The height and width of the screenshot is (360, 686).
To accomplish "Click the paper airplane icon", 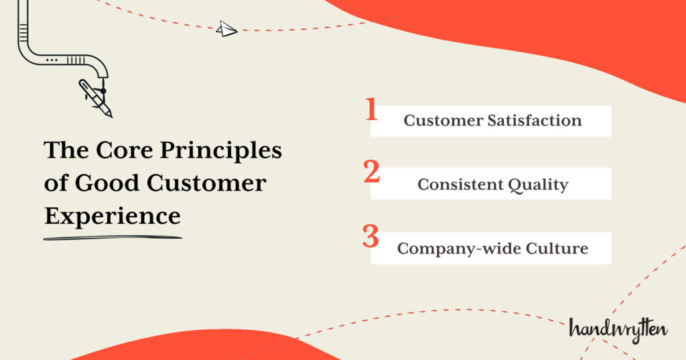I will tap(227, 29).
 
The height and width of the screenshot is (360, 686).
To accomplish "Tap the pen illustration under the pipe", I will tap(96, 98).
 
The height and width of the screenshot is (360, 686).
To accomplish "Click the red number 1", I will tap(371, 110).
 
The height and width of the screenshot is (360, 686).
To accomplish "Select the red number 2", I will tap(372, 172).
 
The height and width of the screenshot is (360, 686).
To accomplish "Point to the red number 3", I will tap(371, 236).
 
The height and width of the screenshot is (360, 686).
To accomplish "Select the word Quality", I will tap(540, 185).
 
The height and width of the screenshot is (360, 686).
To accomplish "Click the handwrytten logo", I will tap(618, 328).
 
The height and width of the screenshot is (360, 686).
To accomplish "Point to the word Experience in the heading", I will tap(112, 217).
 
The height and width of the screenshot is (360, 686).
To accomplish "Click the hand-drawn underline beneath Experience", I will tap(113, 237).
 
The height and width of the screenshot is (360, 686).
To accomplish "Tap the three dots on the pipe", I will tap(51, 60).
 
